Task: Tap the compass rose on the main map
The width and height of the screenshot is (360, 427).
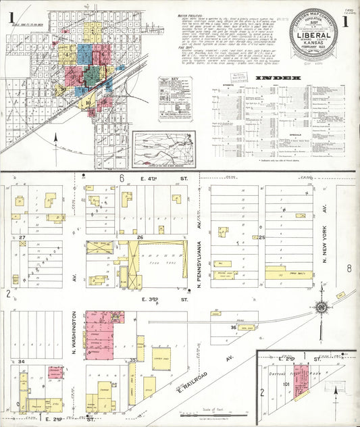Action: click(322, 308)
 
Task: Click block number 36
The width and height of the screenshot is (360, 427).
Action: click(233, 328)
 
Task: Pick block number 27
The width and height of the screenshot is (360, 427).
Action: click(22, 238)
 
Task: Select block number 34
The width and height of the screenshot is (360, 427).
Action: click(22, 362)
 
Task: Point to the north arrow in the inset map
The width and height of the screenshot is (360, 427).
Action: click(336, 392)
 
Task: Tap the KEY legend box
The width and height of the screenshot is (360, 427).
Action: click(176, 108)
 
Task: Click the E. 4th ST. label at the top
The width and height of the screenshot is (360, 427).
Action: click(170, 178)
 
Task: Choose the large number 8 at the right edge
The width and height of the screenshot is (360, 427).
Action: click(349, 268)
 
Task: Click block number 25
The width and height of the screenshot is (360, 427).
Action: click(262, 238)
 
